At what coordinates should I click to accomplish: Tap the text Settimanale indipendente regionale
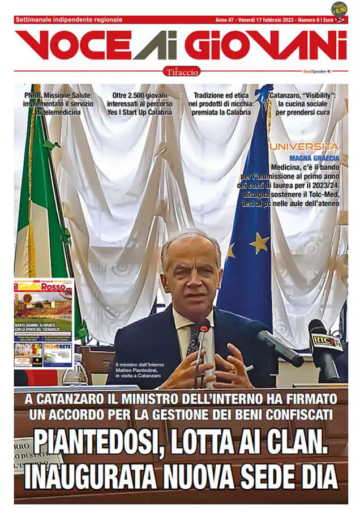(68, 19)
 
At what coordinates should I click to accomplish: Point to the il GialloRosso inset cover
(44, 323)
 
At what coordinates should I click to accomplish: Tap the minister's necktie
(194, 340)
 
